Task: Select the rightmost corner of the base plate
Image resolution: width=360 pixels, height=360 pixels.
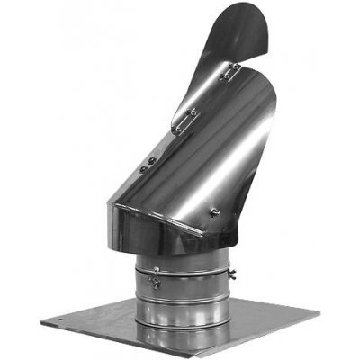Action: point(319,312)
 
